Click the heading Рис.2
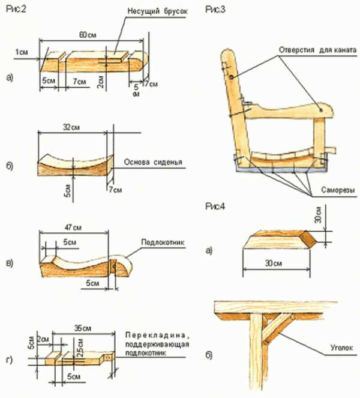click(16, 9)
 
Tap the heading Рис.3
click(215, 10)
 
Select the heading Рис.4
click(215, 207)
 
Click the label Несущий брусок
click(157, 11)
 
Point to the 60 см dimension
click(88, 35)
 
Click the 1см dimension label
click(22, 52)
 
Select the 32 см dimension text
click(71, 127)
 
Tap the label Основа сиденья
click(153, 162)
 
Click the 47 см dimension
click(73, 227)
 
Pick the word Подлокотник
click(163, 242)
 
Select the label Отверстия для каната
click(318, 50)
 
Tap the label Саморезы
click(338, 190)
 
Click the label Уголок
click(341, 347)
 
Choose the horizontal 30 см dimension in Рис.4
click(274, 263)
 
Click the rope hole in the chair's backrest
click(232, 77)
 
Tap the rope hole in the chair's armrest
click(321, 110)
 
